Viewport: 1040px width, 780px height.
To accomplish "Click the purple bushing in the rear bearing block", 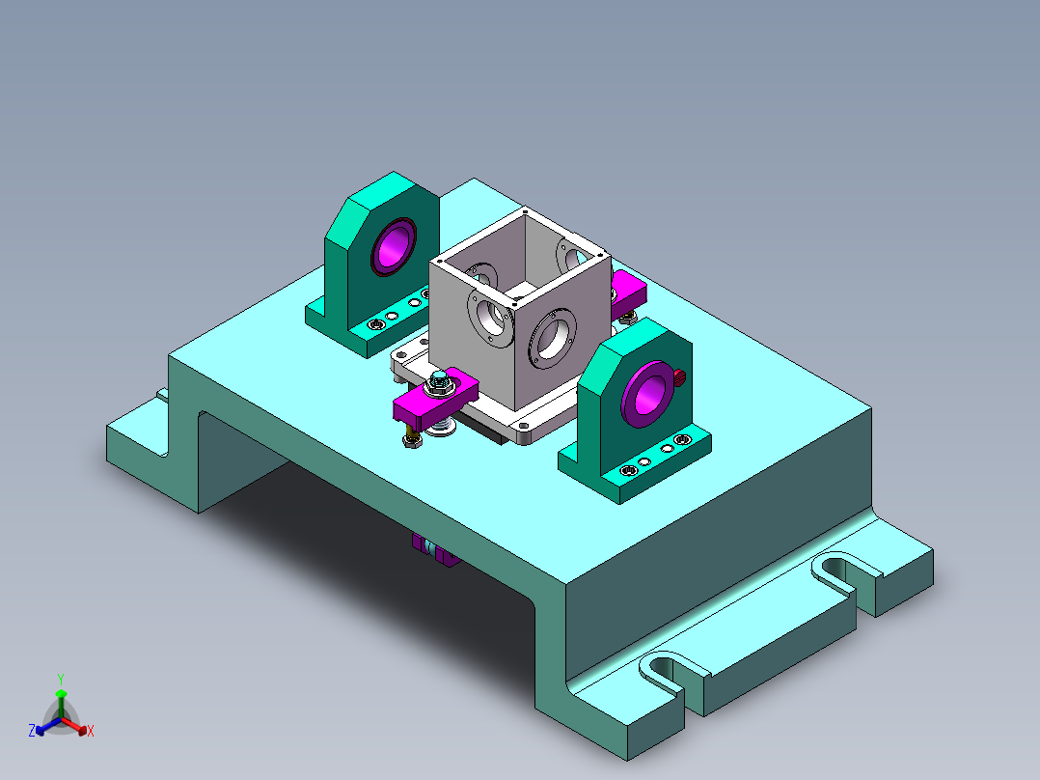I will coord(394,244).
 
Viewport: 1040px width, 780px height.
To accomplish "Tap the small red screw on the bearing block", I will coord(679,376).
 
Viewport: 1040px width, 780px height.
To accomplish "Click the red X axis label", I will coord(90,731).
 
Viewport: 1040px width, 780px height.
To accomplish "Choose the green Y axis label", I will coord(60,679).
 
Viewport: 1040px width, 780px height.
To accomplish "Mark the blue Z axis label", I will coord(32,731).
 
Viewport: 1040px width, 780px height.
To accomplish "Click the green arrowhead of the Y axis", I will coord(60,693).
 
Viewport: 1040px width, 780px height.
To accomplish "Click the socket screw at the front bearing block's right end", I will coord(683,440).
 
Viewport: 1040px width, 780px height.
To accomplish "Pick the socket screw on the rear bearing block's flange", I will coord(373,326).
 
